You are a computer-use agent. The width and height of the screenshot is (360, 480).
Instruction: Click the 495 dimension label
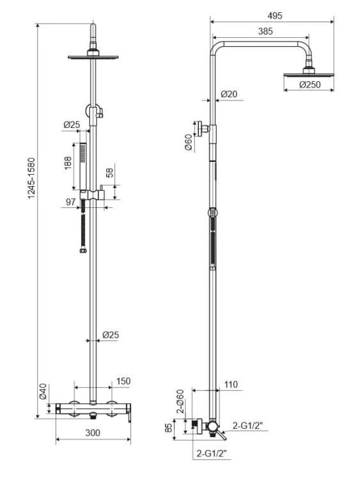point(274,15)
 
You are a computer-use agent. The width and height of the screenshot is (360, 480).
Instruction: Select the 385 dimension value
point(265,31)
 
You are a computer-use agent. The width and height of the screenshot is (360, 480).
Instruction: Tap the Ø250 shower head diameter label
point(310,84)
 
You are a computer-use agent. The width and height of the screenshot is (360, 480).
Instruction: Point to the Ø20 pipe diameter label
point(228,94)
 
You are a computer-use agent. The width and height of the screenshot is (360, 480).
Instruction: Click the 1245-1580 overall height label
point(32,179)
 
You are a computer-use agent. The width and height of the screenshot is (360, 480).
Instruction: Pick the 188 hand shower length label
point(68,163)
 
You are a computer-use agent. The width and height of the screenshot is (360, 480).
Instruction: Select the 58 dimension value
point(109,173)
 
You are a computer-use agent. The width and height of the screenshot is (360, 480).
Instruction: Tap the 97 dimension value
point(70,202)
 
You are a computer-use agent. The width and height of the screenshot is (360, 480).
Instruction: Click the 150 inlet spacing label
point(123,381)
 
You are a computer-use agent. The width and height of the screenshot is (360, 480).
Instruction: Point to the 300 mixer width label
point(93,433)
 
